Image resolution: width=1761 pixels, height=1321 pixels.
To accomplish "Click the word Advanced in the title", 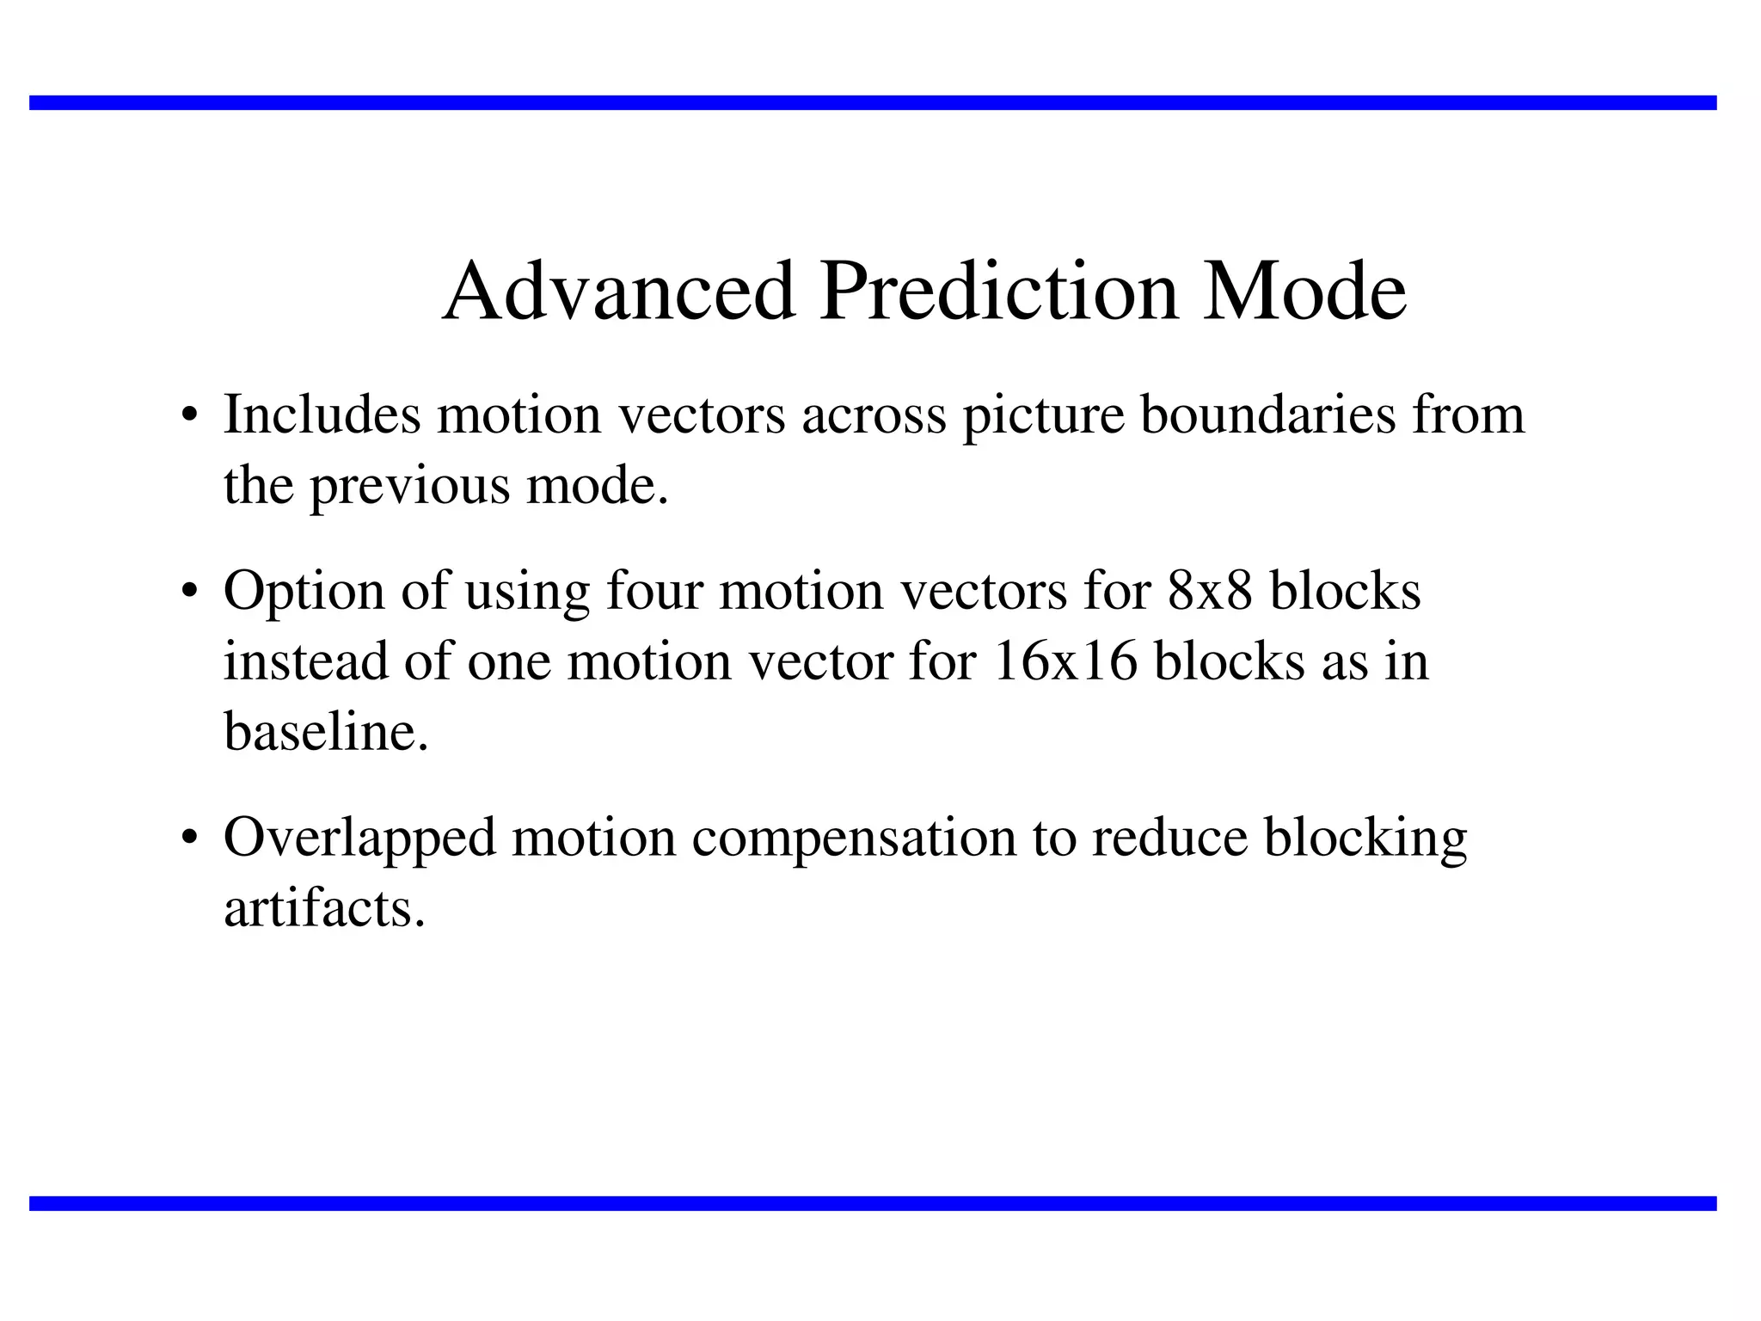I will (x=618, y=292).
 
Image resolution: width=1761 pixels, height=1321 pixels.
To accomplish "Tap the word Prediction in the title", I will (x=998, y=292).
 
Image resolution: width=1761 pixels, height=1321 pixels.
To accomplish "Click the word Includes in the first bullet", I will (x=322, y=415).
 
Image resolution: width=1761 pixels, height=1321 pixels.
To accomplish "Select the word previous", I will (x=409, y=487).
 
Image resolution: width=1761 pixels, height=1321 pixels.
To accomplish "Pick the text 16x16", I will (x=1065, y=662).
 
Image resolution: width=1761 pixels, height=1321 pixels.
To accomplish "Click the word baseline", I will (x=326, y=733).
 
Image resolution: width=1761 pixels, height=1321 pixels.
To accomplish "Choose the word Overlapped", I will (x=359, y=839).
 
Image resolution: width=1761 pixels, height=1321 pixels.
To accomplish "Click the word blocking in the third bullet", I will (x=1365, y=839).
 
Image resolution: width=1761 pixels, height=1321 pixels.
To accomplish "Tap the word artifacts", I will (x=324, y=910).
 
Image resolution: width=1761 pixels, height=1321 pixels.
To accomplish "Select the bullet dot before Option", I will (x=191, y=594).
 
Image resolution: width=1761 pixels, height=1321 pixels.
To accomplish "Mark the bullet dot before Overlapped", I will (x=191, y=840).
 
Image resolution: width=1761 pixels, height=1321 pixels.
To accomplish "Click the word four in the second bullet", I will (x=654, y=592).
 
